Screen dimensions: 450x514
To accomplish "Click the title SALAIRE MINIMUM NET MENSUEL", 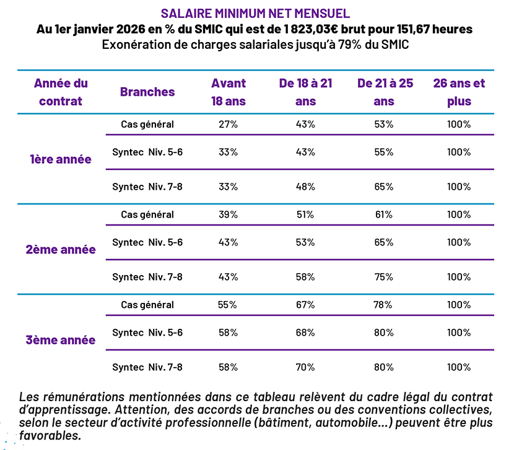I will tap(255, 12).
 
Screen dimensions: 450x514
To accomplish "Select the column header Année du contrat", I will tap(61, 92).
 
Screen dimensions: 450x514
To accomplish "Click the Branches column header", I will tap(147, 92).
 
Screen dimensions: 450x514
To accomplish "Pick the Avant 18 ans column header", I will tap(229, 92).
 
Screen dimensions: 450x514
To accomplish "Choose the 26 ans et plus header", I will tap(459, 92).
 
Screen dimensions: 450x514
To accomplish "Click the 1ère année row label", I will tap(61, 159).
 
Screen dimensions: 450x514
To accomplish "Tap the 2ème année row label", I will tap(61, 250).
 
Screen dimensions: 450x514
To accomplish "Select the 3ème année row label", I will tap(61, 340).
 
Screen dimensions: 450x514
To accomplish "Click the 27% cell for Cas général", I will tap(229, 124).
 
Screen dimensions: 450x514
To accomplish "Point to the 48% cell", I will tap(305, 187).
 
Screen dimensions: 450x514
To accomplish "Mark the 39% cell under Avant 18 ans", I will tap(229, 214).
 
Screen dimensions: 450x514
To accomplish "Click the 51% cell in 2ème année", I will tap(305, 214).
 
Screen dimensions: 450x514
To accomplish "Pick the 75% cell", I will tap(384, 277).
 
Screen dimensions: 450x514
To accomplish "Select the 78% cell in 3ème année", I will tap(384, 305).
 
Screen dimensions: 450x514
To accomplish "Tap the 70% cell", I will tap(305, 367).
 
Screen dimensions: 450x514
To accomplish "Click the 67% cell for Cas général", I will tap(305, 305).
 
